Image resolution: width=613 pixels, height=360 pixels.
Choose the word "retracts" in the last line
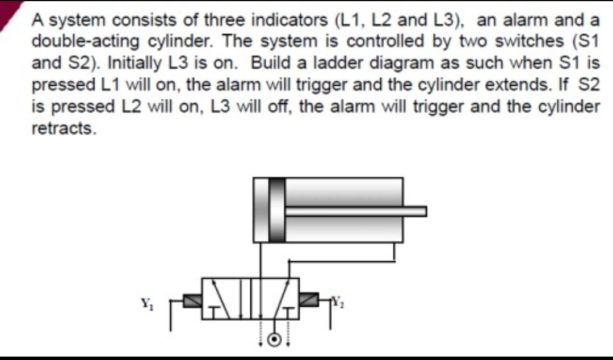[63, 128]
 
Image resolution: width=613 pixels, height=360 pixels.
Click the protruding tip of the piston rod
[421, 211]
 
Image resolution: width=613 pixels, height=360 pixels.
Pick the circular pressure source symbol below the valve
[275, 340]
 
